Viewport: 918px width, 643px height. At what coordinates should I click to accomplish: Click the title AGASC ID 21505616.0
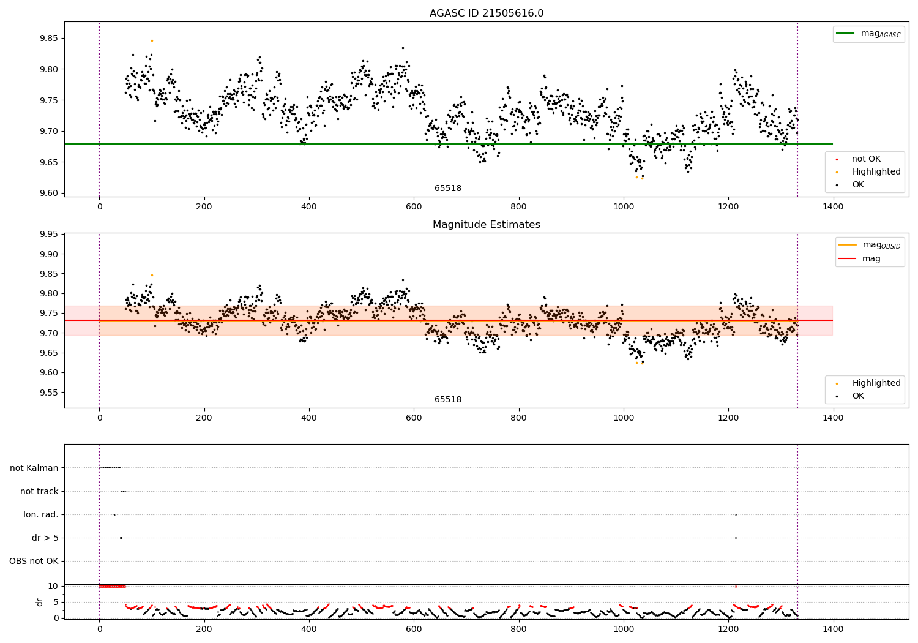click(x=486, y=13)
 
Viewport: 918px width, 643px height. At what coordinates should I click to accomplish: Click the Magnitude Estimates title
click(x=486, y=225)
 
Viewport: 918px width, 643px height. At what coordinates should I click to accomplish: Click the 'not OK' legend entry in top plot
click(x=866, y=159)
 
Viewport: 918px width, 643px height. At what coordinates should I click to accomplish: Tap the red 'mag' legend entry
click(x=871, y=258)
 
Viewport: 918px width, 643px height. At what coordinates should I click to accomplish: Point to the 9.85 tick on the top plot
click(x=48, y=38)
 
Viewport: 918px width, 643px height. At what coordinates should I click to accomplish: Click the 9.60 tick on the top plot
click(x=48, y=193)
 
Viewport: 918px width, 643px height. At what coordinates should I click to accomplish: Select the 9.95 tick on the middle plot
click(x=48, y=234)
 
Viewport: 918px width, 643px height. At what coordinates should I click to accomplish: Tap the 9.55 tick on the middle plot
click(x=48, y=393)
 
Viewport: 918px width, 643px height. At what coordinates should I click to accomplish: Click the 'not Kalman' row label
click(x=34, y=468)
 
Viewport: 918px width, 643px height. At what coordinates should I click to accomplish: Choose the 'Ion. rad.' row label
click(x=41, y=514)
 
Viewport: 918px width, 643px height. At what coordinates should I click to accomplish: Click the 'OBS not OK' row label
click(x=34, y=561)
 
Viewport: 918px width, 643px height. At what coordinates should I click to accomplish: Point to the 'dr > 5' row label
click(x=45, y=538)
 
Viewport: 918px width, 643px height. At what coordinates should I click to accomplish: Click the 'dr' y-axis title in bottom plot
click(x=40, y=602)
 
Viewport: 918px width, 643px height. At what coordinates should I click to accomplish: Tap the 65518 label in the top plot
click(x=448, y=188)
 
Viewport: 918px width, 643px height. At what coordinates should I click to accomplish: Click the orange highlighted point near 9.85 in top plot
click(x=152, y=40)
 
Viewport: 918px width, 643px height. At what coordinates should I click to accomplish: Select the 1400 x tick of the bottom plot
click(x=833, y=628)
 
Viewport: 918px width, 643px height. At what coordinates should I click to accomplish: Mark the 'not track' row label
click(x=39, y=491)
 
